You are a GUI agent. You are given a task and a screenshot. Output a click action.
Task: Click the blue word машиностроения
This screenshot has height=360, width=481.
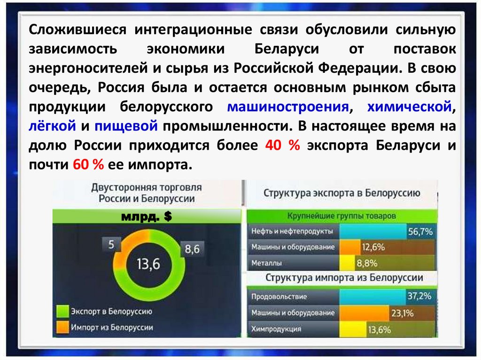[288, 107]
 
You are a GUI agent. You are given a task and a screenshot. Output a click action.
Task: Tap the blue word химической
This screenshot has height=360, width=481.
[409, 107]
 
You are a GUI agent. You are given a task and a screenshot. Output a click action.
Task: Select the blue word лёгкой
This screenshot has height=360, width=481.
[52, 126]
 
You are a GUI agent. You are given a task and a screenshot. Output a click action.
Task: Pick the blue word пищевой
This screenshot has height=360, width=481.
[126, 126]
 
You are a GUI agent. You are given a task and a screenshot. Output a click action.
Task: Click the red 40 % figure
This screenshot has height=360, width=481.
[282, 145]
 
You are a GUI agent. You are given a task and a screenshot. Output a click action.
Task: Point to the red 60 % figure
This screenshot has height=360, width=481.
[88, 165]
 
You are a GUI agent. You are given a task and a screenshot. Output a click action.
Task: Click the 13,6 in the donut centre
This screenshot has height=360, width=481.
[148, 264]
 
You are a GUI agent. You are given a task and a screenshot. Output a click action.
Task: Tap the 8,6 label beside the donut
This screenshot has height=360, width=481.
[192, 249]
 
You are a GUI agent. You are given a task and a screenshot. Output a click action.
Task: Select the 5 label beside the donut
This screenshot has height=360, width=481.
[111, 245]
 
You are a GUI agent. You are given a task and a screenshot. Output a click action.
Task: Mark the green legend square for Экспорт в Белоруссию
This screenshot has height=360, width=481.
[62, 311]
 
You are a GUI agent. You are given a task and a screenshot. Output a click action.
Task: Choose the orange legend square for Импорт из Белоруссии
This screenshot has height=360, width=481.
[62, 327]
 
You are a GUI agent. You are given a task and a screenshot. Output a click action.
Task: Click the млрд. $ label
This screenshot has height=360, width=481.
[147, 216]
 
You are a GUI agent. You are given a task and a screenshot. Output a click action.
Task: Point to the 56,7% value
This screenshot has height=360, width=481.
[420, 231]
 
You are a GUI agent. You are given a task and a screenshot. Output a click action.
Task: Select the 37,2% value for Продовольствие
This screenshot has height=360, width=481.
[419, 296]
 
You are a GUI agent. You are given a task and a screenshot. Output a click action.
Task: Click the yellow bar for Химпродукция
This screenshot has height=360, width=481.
[353, 329]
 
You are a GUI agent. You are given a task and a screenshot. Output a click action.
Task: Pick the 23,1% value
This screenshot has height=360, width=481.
[402, 313]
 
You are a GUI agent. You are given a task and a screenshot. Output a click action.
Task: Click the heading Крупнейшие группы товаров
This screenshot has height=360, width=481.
[341, 216]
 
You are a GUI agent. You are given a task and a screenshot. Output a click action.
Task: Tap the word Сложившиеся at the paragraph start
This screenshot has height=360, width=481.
[78, 30]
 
